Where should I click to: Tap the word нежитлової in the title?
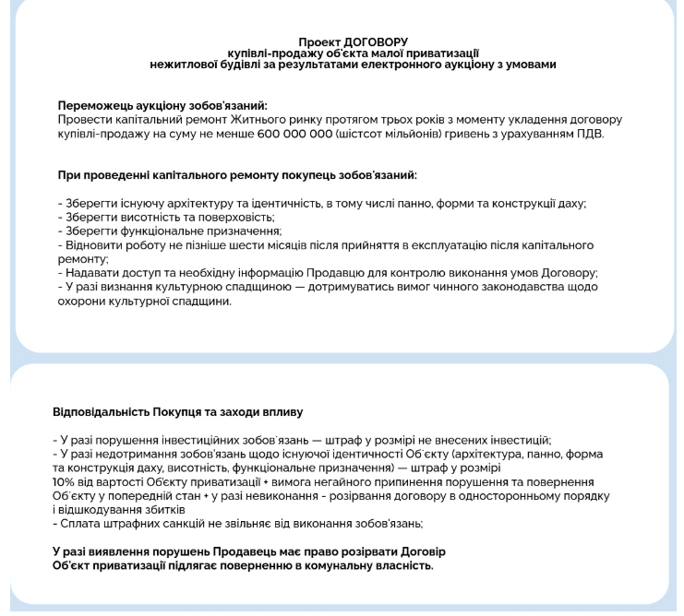tap(185, 65)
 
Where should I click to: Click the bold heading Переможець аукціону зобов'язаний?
tap(169, 106)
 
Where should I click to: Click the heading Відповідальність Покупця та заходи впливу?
tap(178, 411)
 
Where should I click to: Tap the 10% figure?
tap(64, 482)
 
